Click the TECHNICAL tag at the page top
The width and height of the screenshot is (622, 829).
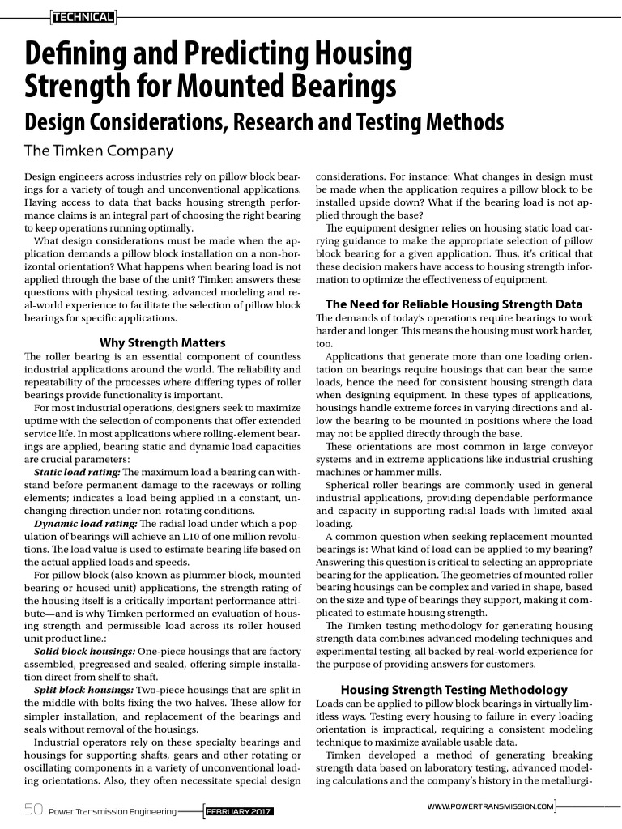pos(83,15)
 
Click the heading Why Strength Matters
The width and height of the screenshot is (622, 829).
pos(162,342)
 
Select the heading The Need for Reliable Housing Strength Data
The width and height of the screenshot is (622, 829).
pos(454,304)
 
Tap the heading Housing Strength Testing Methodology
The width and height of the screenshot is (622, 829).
pos(454,690)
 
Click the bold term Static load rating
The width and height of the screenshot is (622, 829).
pos(77,472)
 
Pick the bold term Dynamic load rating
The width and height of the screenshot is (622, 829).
pos(83,524)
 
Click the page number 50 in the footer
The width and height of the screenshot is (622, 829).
pos(33,809)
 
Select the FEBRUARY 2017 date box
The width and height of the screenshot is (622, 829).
pos(239,810)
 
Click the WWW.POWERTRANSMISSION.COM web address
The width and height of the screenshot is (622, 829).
pos(490,806)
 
